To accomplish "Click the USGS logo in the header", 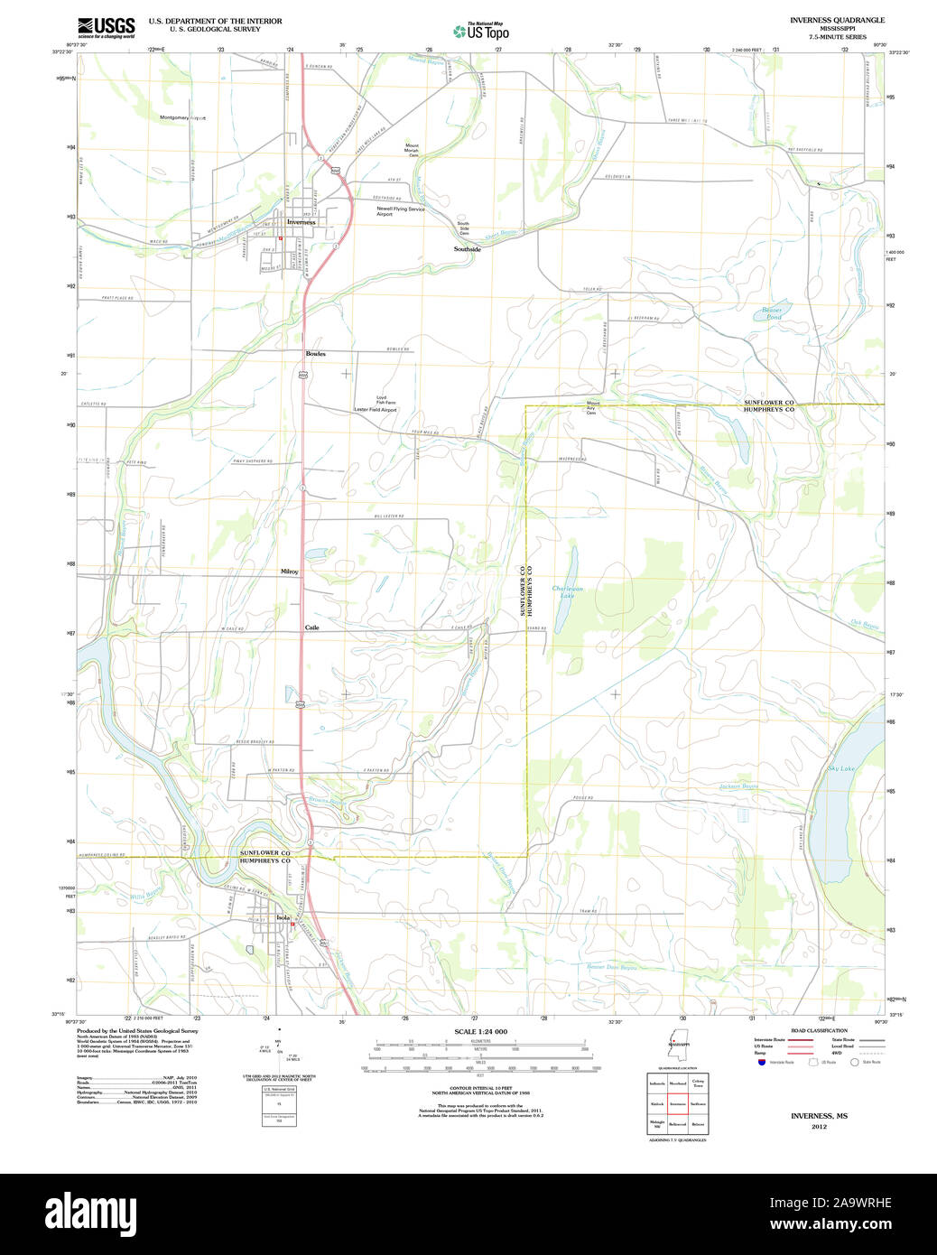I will point(106,27).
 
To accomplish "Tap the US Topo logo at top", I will point(481,31).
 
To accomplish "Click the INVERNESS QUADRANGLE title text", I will point(837,20).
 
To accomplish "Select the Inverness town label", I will point(302,222).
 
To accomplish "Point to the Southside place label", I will point(468,249).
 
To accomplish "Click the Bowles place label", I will point(315,354).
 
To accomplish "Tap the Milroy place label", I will point(290,572).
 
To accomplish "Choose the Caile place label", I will point(311,627).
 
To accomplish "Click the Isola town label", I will point(283,917).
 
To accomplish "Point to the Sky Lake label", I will point(840,768).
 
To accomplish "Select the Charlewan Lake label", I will point(568,592).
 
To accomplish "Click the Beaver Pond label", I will point(774,313).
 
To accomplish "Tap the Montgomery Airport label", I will point(182,117).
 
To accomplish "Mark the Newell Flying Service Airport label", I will point(401,211).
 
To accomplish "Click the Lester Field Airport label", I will point(375,410).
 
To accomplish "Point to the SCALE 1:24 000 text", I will point(480,1032).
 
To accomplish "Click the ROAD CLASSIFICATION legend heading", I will point(819,1030).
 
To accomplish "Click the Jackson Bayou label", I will point(738,786).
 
